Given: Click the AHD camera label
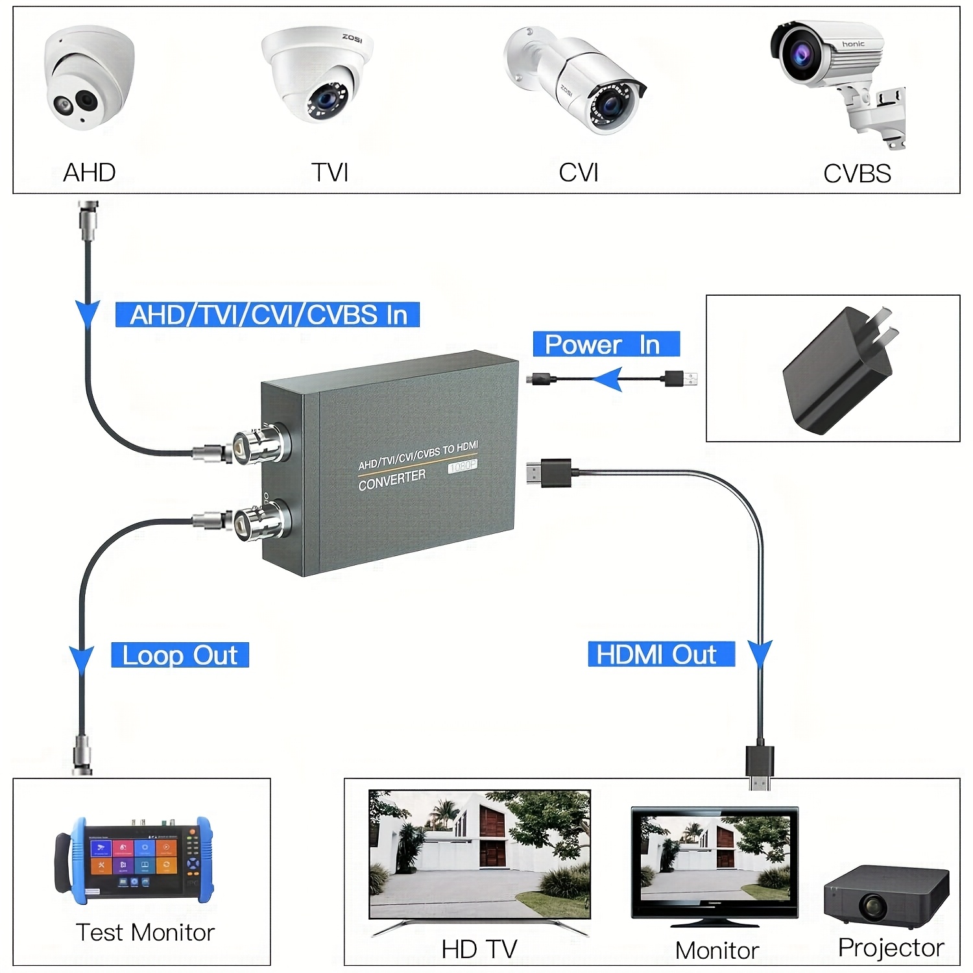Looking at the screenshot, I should pos(90,173).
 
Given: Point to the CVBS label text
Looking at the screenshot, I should pos(857,174).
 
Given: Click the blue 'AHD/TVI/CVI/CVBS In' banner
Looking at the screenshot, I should pos(267,315).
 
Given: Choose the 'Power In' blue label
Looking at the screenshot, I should pos(606,344).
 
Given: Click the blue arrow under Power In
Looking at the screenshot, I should pos(608,379).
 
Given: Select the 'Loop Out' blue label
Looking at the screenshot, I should pos(180,655).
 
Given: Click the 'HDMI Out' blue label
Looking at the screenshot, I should pos(660,654).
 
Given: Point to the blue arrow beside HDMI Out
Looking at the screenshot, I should pos(760,653).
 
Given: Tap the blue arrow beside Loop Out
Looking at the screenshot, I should pos(82,658).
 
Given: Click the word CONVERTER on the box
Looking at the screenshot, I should pos(392,480).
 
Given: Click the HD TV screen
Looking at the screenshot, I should pos(479,854).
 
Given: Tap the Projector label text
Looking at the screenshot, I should pos(891,948).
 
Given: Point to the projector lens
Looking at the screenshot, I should pos(873,905).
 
